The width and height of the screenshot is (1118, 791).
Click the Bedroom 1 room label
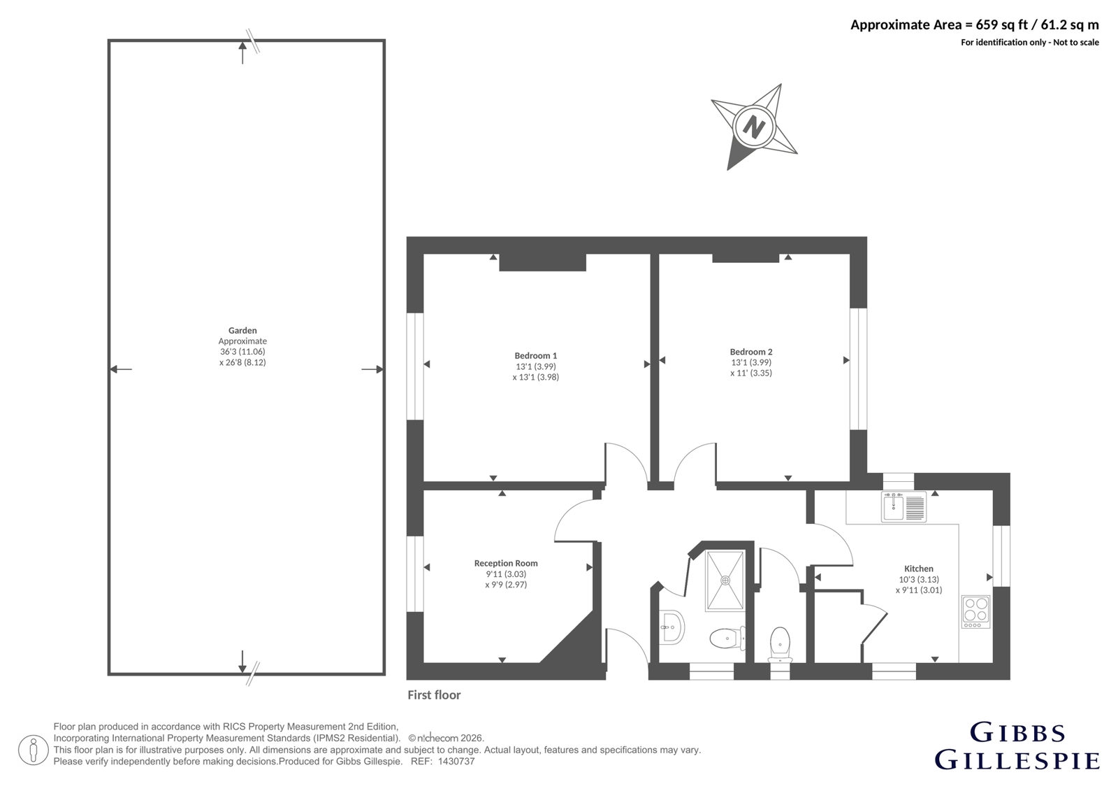click(535, 356)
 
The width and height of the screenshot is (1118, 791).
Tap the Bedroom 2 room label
click(751, 352)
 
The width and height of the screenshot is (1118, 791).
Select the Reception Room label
click(506, 563)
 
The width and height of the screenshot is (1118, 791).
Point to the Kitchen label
click(919, 569)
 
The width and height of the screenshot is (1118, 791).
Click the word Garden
click(242, 330)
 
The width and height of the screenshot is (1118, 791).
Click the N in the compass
click(754, 127)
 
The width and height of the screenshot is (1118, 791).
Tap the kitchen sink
click(904, 506)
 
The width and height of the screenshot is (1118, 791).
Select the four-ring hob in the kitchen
click(975, 612)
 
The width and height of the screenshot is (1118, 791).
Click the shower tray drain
click(725, 580)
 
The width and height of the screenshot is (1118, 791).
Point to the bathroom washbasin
click(671, 627)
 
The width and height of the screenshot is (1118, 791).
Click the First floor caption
click(434, 695)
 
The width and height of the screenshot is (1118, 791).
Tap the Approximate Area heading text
click(974, 25)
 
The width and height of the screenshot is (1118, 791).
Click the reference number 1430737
click(456, 762)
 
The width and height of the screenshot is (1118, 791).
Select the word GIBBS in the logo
click(1017, 734)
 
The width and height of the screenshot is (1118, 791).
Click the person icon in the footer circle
click(34, 750)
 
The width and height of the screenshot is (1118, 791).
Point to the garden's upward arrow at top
click(242, 53)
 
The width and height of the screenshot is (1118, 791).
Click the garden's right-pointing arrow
click(372, 369)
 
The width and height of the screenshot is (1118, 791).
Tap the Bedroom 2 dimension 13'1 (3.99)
click(751, 362)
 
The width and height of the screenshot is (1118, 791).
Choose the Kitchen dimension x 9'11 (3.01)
click(919, 590)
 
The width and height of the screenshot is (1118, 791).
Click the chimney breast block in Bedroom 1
click(542, 262)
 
